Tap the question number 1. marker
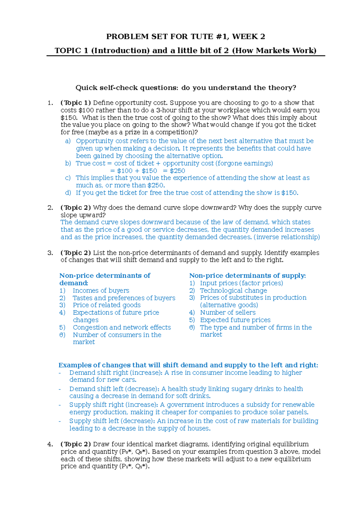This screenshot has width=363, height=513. tap(51, 103)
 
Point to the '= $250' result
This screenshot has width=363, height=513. tap(174, 171)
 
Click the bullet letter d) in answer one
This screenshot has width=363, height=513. tap(68, 193)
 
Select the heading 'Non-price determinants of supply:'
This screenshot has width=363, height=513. tap(247, 276)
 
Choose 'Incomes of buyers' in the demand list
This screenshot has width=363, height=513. tap(101, 290)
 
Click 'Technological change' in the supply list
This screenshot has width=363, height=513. tap(233, 290)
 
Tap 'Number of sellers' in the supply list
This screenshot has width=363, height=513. tap(228, 312)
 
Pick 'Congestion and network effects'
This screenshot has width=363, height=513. tap(122, 327)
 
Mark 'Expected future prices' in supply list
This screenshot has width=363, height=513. tap(235, 320)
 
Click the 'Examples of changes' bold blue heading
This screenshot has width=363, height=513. tap(188, 365)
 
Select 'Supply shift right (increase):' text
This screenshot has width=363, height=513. tap(113, 405)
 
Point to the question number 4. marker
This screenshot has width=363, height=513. tap(51, 444)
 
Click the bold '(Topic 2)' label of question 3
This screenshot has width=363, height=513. tap(76, 253)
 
